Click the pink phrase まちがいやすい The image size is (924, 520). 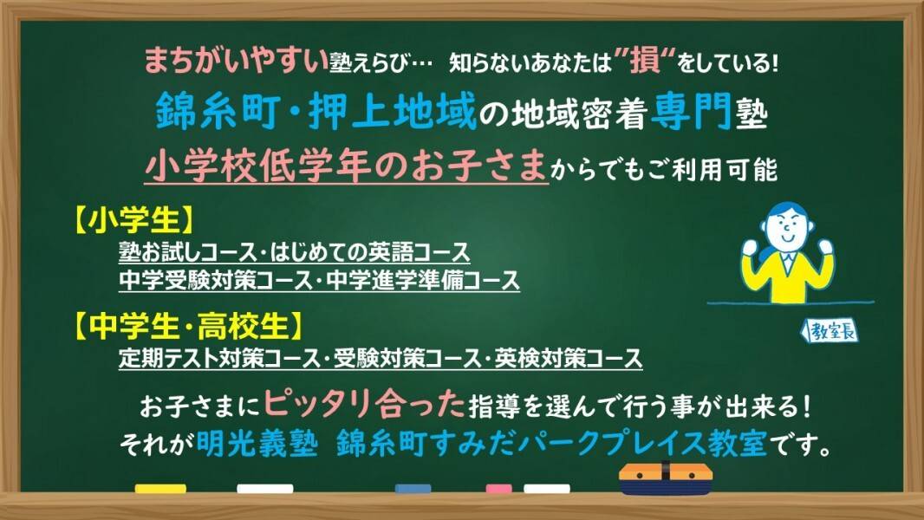(236, 62)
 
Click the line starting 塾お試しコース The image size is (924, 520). (295, 252)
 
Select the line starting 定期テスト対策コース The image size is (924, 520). (381, 357)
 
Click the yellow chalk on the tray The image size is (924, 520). (160, 488)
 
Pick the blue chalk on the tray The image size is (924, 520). (413, 488)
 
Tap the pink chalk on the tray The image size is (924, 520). (499, 488)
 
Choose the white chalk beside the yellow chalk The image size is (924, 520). (264, 488)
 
